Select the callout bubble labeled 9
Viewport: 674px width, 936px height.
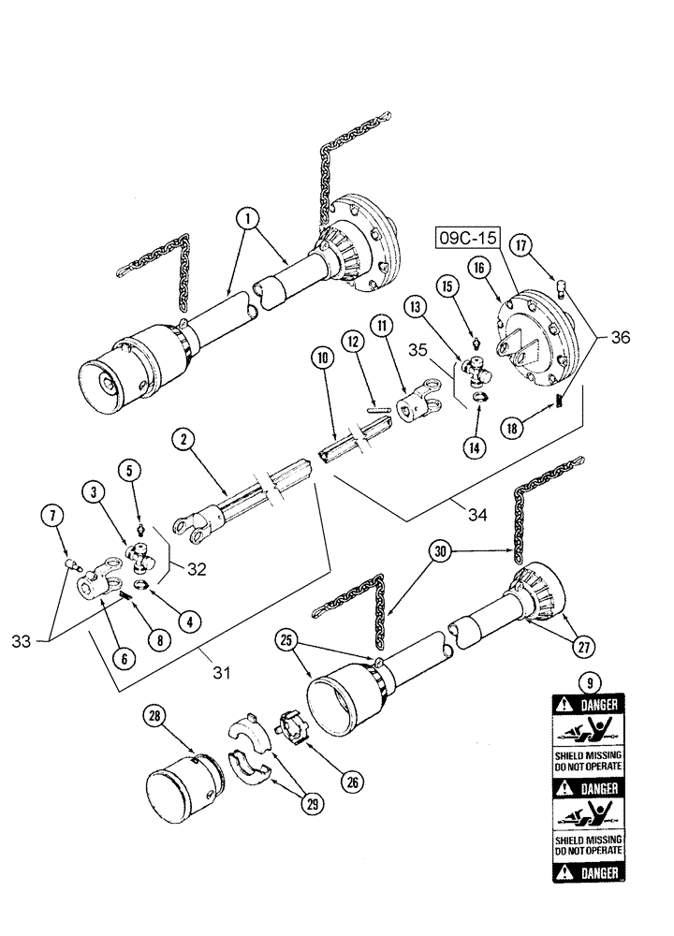(x=584, y=682)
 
